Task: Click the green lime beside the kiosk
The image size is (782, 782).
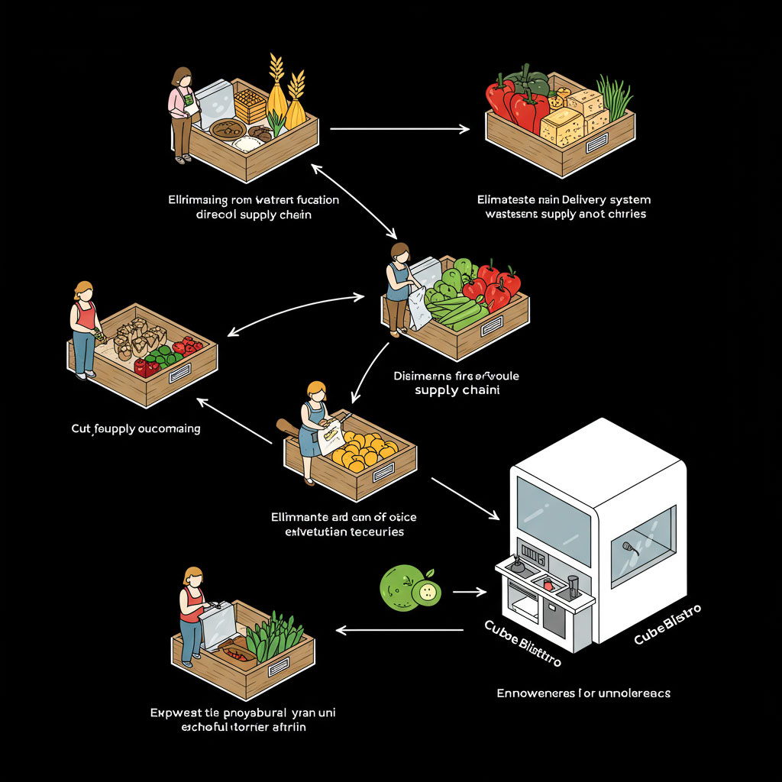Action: point(400,586)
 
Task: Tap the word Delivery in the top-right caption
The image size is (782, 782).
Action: point(564,200)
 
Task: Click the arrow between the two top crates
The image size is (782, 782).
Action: point(399,129)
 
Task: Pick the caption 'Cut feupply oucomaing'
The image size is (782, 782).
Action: point(136,428)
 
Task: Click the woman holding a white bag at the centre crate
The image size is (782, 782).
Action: point(398,289)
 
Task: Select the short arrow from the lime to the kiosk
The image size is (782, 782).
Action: point(469,591)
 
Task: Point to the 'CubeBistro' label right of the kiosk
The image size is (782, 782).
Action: point(667,622)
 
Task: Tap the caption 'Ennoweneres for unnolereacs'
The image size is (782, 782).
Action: point(583,693)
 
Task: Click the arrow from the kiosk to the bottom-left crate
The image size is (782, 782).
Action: point(400,630)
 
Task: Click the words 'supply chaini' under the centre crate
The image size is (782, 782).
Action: point(456,391)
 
